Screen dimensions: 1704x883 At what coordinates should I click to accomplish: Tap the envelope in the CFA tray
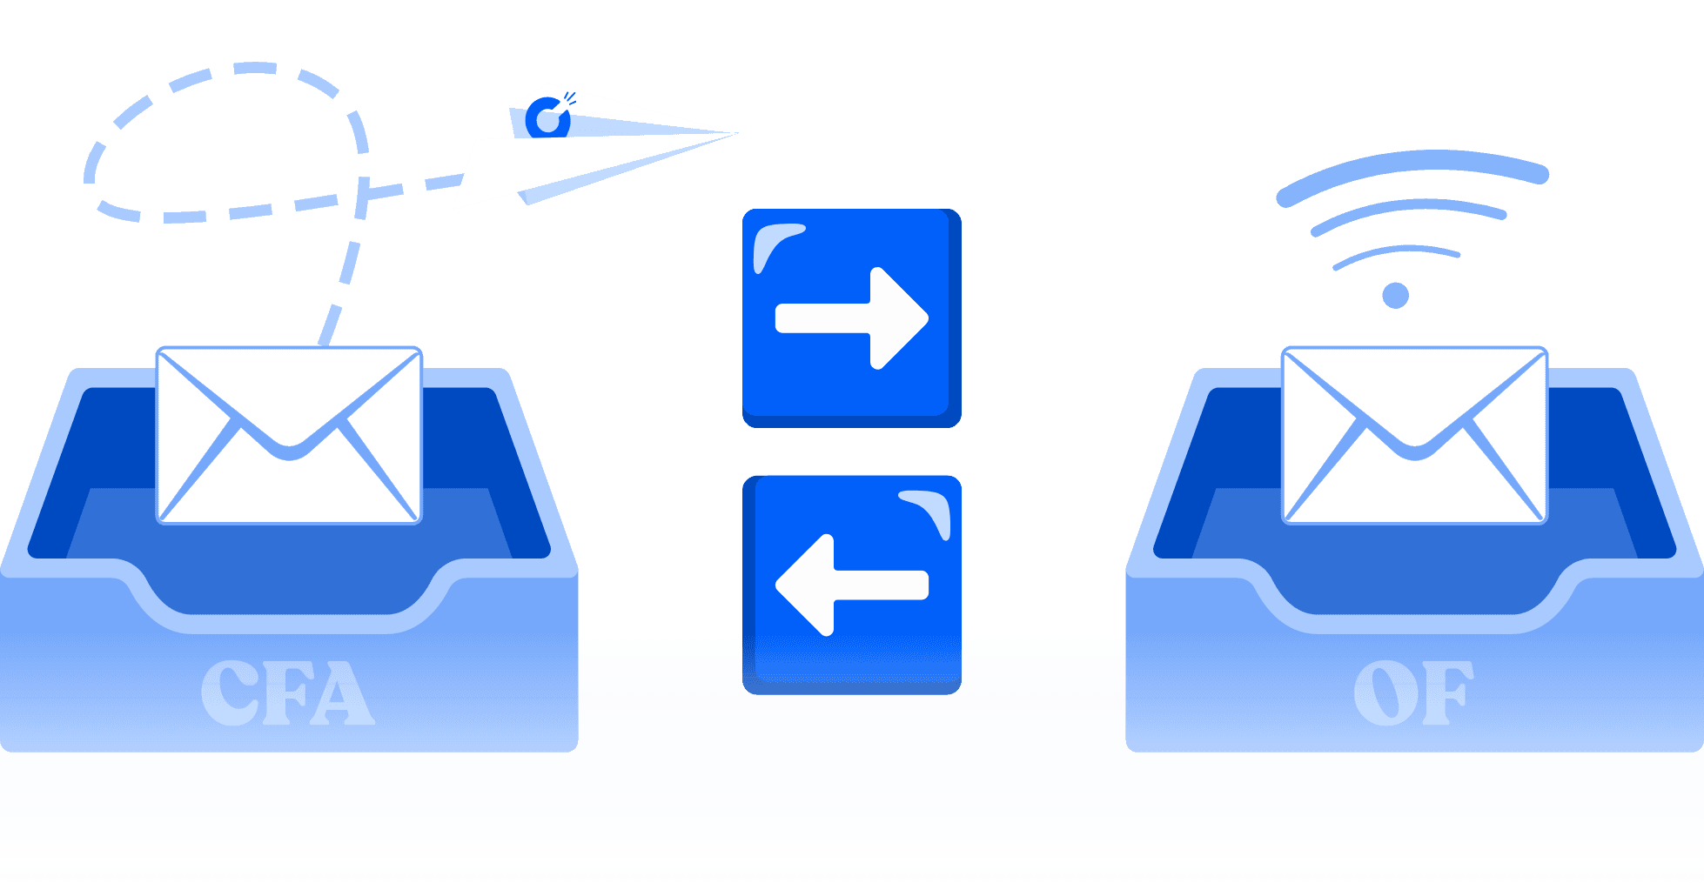coord(289,435)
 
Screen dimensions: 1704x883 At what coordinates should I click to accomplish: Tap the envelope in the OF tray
coord(1414,435)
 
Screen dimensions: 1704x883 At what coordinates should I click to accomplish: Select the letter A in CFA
coord(345,694)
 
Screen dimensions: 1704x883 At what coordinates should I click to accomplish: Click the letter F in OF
coord(1445,692)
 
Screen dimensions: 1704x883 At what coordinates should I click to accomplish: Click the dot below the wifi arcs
coord(1396,296)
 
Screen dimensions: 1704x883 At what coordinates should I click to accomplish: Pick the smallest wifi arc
coord(1396,252)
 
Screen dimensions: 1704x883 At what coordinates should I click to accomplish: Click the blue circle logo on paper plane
coord(547,119)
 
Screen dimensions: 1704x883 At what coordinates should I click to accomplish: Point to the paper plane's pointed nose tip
coord(735,133)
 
